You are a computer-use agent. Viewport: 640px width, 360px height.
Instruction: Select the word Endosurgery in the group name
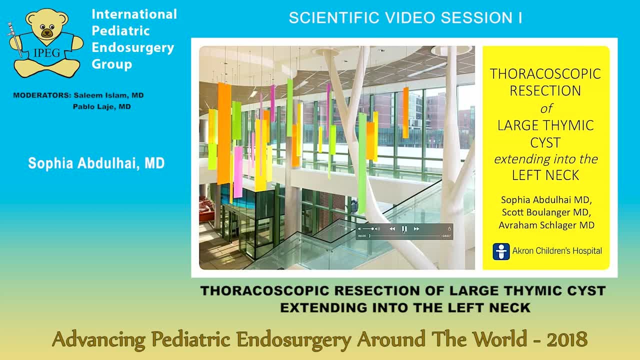[132, 47]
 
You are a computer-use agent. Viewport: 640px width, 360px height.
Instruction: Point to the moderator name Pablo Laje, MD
[101, 106]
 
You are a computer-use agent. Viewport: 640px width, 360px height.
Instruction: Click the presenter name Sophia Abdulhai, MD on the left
[96, 163]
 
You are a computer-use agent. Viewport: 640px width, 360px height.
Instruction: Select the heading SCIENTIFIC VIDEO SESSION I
[405, 18]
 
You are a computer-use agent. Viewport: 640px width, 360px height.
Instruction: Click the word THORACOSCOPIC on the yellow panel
[545, 74]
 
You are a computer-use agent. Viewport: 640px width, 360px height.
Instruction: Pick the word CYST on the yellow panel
[545, 142]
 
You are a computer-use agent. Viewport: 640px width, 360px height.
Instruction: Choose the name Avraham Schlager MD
[546, 225]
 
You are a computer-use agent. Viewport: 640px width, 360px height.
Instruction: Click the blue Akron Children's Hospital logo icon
[501, 251]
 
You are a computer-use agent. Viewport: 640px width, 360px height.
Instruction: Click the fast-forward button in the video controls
[416, 229]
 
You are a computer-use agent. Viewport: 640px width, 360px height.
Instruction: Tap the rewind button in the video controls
[392, 229]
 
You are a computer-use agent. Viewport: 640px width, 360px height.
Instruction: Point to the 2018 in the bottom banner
[566, 339]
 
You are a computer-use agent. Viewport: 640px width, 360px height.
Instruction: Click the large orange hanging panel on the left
[224, 132]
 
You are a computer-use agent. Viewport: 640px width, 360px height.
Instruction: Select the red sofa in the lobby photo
[206, 205]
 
